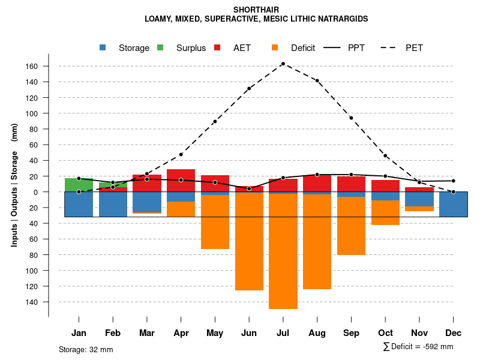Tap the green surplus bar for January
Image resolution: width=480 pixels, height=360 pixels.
[79, 185]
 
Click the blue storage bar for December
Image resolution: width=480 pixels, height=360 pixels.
[453, 205]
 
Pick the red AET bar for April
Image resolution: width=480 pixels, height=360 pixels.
[181, 180]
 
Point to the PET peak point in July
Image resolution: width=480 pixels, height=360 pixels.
[283, 64]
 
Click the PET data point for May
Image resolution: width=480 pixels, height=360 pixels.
[215, 122]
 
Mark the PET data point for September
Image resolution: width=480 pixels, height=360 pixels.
[351, 118]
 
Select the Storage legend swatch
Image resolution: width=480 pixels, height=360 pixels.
[103, 47]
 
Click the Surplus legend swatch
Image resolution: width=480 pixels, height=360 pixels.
[161, 47]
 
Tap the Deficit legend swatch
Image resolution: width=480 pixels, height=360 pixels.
[275, 47]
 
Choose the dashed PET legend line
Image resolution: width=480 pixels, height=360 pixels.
[390, 47]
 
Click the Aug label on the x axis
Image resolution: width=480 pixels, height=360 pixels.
[317, 333]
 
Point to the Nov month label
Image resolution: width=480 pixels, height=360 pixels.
[419, 333]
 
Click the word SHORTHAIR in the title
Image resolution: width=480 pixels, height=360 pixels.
[256, 10]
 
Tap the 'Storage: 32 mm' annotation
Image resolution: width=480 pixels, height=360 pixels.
[86, 349]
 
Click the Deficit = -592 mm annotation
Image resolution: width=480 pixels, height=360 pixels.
[418, 346]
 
